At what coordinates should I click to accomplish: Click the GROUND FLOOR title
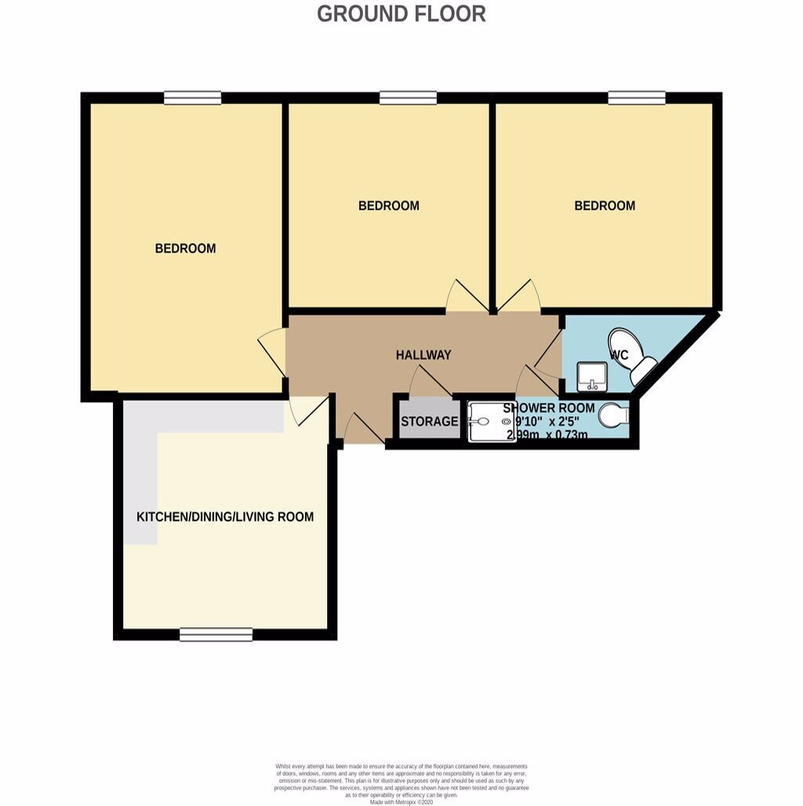[x=401, y=13]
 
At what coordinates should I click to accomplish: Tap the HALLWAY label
[x=423, y=355]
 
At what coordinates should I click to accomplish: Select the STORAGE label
[x=429, y=422]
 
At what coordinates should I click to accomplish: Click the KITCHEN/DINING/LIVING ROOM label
[x=225, y=517]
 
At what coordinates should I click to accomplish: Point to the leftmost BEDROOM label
[x=185, y=249]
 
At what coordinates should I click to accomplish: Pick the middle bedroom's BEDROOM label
[x=388, y=206]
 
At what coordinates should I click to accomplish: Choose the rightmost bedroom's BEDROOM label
[x=605, y=206]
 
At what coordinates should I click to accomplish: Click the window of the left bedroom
[x=192, y=98]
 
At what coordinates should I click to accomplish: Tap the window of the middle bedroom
[x=408, y=98]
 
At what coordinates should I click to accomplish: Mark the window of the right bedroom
[x=637, y=98]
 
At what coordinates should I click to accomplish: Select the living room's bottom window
[x=216, y=634]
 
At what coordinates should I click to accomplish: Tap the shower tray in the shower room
[x=491, y=422]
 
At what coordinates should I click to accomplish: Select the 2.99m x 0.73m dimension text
[x=547, y=434]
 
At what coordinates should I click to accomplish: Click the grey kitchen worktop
[x=141, y=470]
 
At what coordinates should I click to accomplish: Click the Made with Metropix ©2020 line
[x=401, y=801]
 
